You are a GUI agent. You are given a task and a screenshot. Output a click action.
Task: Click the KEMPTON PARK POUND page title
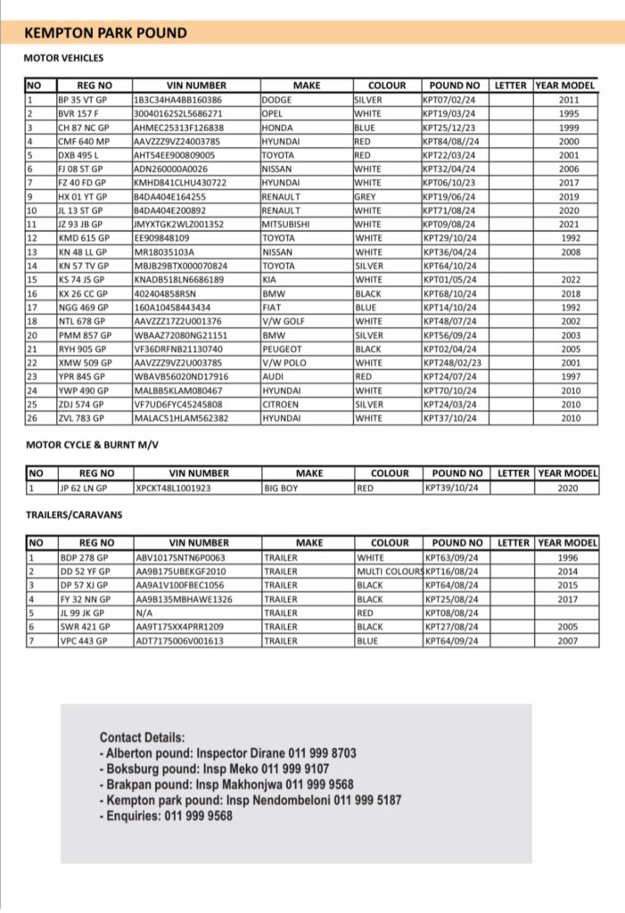(x=105, y=33)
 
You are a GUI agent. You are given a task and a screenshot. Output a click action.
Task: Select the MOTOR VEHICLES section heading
(x=63, y=59)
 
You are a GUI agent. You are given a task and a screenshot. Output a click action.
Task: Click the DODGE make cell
(x=278, y=100)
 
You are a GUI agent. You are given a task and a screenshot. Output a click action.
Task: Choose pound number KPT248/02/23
(x=451, y=363)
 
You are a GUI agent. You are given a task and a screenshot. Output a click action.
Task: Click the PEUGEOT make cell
(x=284, y=349)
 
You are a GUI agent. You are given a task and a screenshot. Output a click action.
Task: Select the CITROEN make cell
(x=282, y=404)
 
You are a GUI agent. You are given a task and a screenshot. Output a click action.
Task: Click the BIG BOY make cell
(x=283, y=489)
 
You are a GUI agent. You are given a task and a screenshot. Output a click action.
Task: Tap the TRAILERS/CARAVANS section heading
(x=74, y=515)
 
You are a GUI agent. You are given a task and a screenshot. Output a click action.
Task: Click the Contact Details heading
(x=143, y=737)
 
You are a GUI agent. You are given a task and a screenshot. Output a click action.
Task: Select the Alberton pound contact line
(x=227, y=753)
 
